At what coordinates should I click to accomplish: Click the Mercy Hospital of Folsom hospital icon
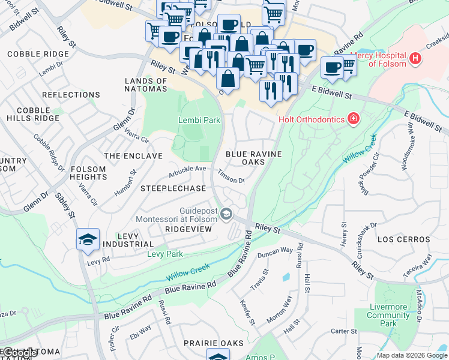pos(415,59)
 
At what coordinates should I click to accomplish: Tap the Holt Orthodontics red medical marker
pos(354,118)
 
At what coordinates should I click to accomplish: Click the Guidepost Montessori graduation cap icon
pos(226,214)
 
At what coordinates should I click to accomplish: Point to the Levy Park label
pos(165,254)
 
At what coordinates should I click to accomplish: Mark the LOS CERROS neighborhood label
pos(403,239)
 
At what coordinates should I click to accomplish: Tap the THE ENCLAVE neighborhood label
pos(133,156)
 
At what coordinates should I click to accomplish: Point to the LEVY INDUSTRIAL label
pos(128,240)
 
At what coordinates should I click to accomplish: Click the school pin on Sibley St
pos(88,239)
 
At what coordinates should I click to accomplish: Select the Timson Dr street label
pos(231,176)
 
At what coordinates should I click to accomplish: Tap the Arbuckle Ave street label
pos(187,169)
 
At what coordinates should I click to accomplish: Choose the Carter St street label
pos(344,331)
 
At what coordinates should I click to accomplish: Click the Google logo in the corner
pos(20,353)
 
